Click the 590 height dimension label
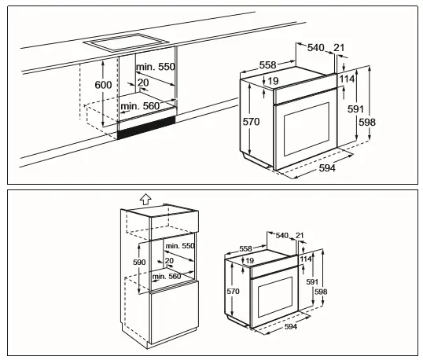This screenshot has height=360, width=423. [139, 262]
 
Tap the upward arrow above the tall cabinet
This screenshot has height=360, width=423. [142, 201]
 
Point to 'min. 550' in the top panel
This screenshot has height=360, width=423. [155, 68]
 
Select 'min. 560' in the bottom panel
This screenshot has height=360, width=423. [167, 277]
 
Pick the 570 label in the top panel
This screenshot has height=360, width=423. [250, 121]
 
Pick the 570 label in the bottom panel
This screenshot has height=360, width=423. [231, 292]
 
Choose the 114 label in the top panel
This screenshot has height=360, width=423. [348, 79]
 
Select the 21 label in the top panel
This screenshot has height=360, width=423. [339, 48]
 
